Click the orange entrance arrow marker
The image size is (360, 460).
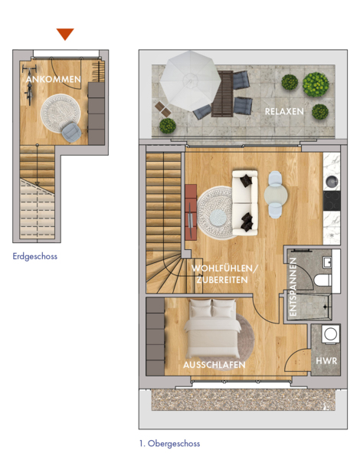coord(65,34)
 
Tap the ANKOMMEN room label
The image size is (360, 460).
coord(54,79)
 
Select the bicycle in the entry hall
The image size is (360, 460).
coord(29,85)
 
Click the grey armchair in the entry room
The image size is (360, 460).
coord(71,133)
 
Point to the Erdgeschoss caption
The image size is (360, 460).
coord(35,256)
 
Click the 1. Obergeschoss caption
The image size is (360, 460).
coord(170,443)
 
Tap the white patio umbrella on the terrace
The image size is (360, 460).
coord(190,81)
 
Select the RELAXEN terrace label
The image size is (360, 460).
coord(284,111)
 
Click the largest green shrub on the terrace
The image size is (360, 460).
coord(316,84)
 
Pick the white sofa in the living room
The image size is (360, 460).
coord(245,202)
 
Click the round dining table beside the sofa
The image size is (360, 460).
coord(276,195)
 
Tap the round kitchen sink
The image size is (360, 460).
coord(332,181)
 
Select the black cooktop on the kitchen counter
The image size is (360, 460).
coord(332,201)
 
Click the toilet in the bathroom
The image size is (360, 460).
coord(322,280)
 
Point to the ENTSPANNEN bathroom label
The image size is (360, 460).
coord(293,287)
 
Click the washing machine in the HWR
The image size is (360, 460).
coord(331,333)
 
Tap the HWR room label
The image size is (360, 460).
coord(326,360)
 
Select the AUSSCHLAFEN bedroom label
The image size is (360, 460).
coord(214,365)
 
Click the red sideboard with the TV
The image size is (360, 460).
coord(191,212)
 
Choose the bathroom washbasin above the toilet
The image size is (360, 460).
coord(328,262)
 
